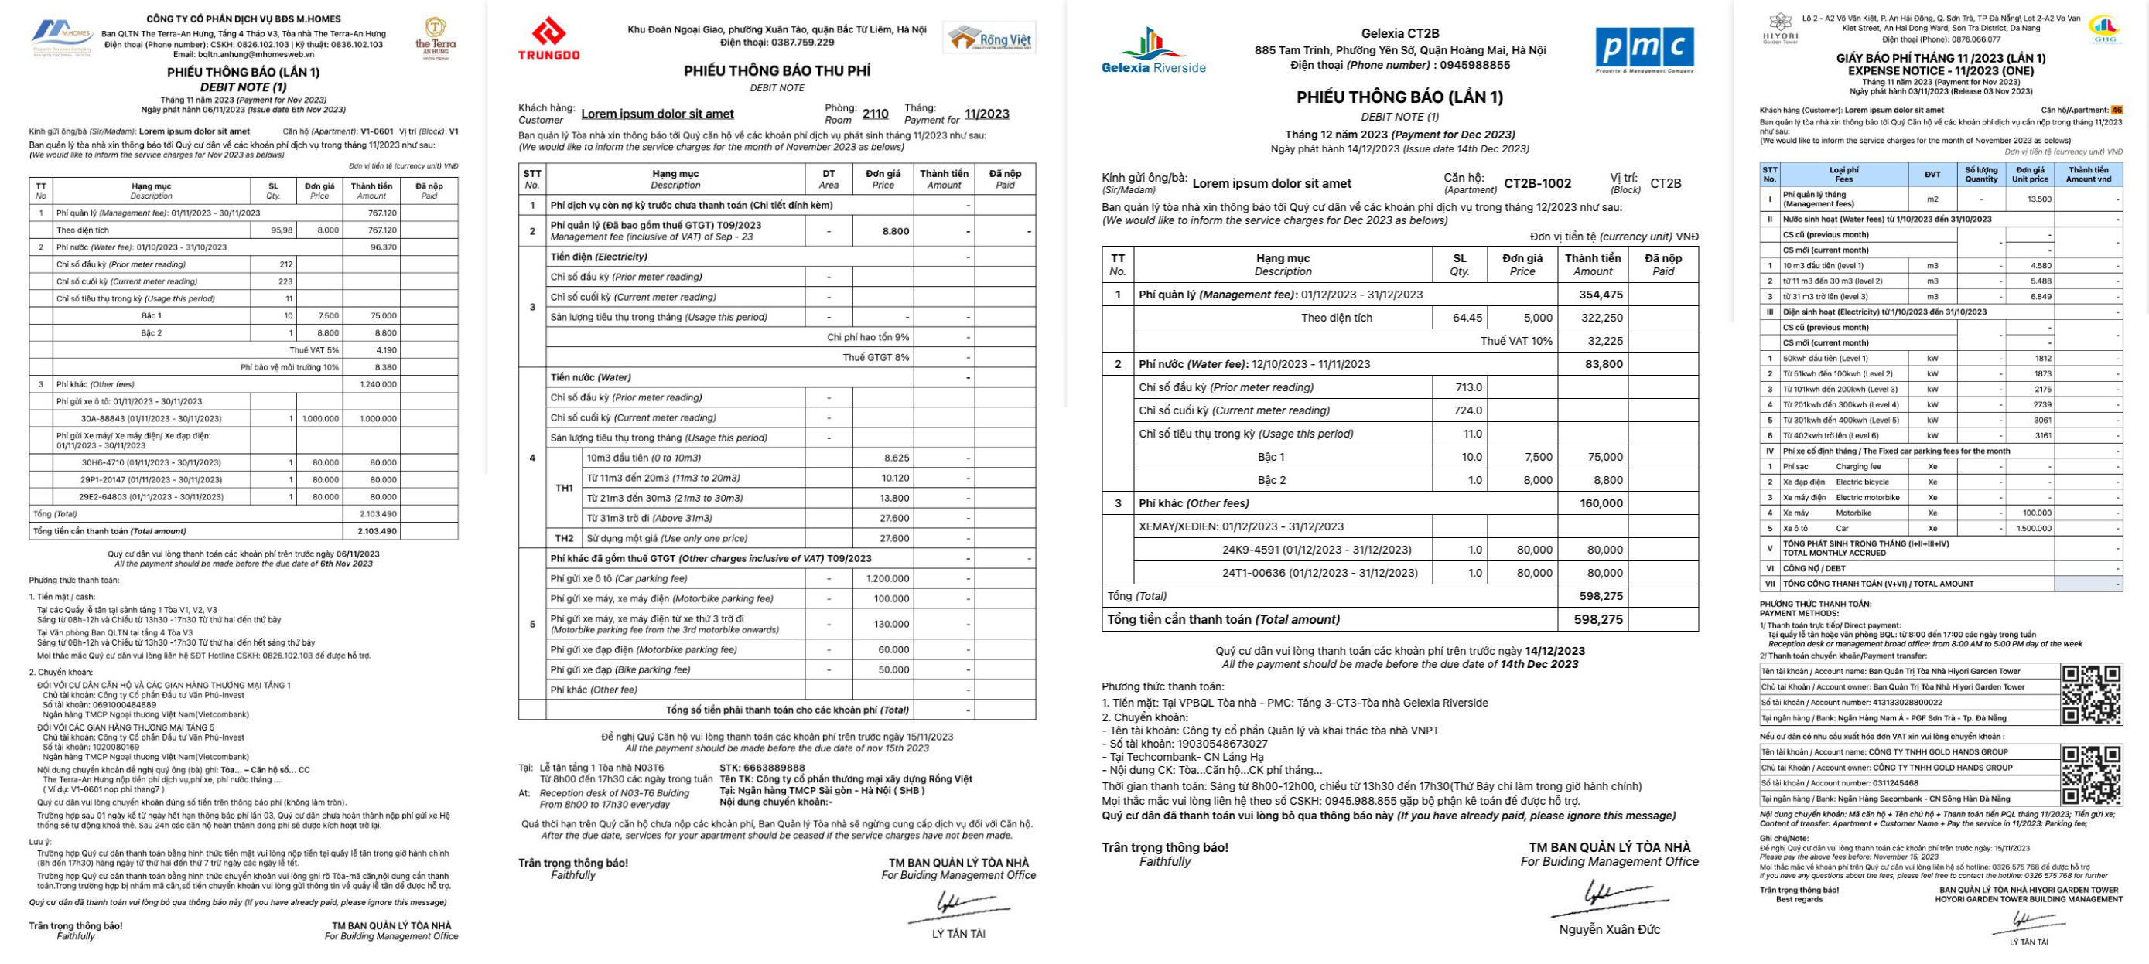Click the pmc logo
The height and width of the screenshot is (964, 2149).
(x=1645, y=49)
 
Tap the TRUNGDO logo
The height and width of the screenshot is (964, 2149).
(x=549, y=40)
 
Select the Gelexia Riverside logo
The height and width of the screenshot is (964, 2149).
(x=1153, y=51)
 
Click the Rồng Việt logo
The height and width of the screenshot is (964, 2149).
(x=990, y=39)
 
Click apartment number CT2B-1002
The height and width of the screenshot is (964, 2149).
(x=1538, y=183)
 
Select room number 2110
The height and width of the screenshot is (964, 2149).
(x=875, y=114)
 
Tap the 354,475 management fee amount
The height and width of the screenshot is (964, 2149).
(x=1600, y=295)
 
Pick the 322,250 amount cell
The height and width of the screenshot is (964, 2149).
(x=1602, y=318)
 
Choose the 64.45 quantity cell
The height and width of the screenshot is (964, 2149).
(x=1467, y=318)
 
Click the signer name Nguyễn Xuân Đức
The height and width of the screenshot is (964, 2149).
(x=1609, y=929)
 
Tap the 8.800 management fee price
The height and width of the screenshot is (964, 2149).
(x=895, y=231)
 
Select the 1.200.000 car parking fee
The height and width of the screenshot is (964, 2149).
(x=887, y=579)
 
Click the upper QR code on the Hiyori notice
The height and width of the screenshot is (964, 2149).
(x=2091, y=693)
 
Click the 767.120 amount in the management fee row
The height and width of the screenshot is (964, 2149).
(x=382, y=213)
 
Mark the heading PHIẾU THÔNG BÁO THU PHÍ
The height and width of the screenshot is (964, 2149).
(x=777, y=71)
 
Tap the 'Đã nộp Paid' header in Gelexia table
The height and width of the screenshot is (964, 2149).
(x=1662, y=264)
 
